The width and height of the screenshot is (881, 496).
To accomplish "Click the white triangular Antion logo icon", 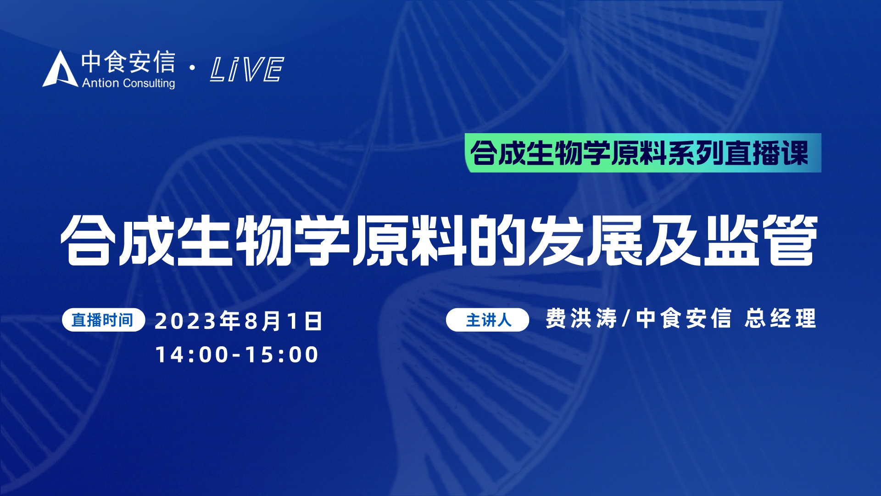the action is [x=60, y=70].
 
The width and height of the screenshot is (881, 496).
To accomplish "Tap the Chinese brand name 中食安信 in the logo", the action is [x=128, y=62].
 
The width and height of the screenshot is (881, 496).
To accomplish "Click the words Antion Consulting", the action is [x=128, y=83].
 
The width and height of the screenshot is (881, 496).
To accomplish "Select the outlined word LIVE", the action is [x=247, y=69].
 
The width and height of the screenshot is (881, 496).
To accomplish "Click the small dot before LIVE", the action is [x=192, y=68].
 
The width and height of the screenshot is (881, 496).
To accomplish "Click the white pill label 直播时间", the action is [x=103, y=320].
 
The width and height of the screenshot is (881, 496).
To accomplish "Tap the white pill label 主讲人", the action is [x=488, y=320].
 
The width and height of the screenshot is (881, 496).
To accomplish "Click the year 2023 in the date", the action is [x=185, y=321].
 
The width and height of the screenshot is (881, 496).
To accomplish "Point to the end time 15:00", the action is [x=282, y=355].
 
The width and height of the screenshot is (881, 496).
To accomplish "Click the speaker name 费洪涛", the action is [x=581, y=318].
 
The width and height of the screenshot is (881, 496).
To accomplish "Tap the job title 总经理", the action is [x=781, y=318].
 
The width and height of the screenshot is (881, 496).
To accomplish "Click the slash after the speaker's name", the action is [x=626, y=318].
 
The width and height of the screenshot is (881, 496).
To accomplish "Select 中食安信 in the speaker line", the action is [x=683, y=318].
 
